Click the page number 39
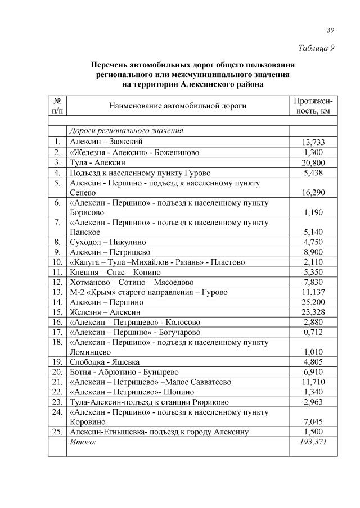point(331,30)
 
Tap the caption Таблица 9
point(316,47)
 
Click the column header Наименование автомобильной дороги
point(177,105)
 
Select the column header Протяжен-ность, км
point(313,105)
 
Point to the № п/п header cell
point(57,105)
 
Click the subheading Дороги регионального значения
point(126,130)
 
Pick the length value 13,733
point(313,142)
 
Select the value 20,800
point(313,163)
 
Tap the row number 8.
point(57,242)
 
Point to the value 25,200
point(313,302)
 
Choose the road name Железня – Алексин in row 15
point(105,312)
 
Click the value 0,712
point(313,332)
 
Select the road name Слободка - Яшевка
point(104,362)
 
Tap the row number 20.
point(57,372)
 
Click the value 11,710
point(313,382)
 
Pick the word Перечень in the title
point(111,65)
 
